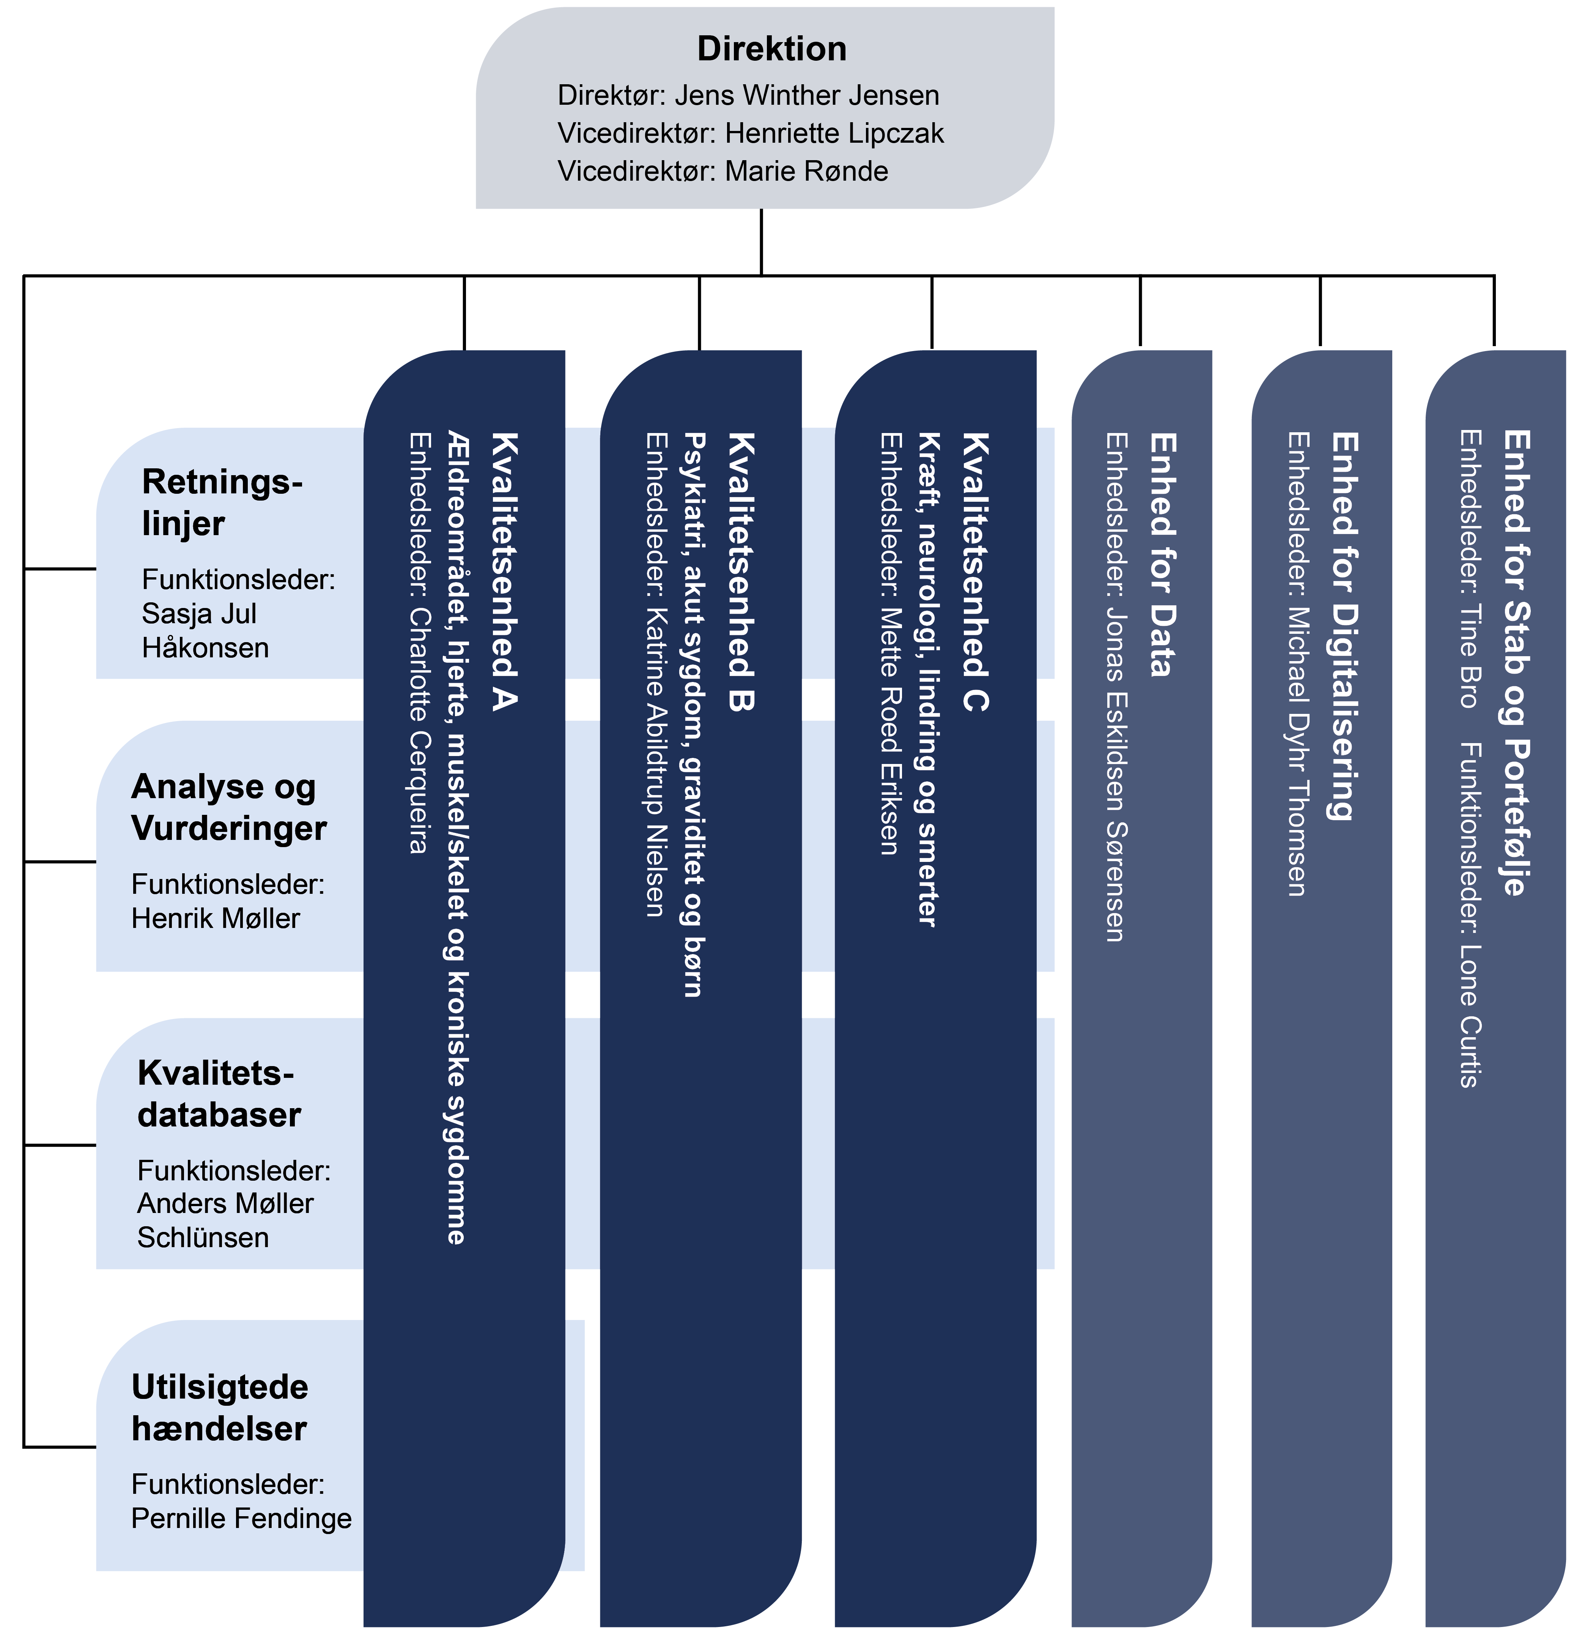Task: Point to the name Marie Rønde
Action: coord(806,170)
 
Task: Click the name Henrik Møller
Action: coord(215,918)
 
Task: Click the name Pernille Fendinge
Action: coord(241,1518)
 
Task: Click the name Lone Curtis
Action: coord(1469,1016)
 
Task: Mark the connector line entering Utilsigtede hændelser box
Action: coord(59,1447)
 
